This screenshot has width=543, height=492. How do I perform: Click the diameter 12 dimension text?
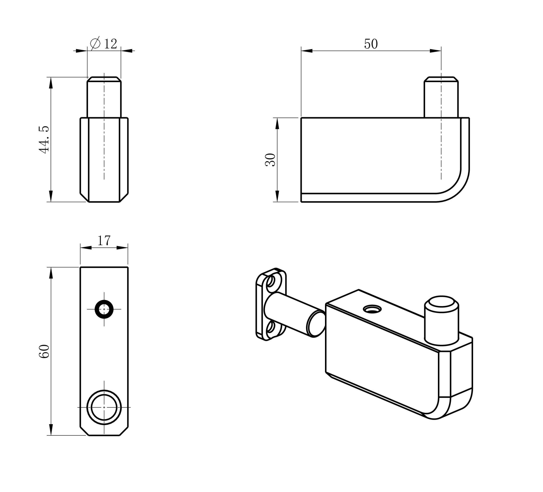(104, 44)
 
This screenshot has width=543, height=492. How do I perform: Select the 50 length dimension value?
(371, 44)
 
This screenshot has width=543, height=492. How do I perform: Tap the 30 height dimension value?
(271, 160)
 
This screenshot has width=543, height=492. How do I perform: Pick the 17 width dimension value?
(104, 240)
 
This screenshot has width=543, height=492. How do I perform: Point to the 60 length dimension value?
(44, 351)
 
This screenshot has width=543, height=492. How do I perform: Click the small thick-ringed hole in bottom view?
(104, 309)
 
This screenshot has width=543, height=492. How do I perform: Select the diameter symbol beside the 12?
(95, 43)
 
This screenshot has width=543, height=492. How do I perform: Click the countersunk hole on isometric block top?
(372, 309)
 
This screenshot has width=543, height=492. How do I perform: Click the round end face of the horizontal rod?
(316, 324)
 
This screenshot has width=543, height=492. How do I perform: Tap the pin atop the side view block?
(441, 98)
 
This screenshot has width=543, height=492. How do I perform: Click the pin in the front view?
(104, 98)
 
